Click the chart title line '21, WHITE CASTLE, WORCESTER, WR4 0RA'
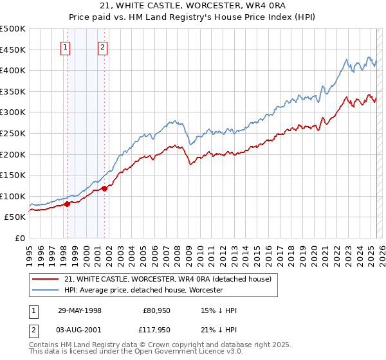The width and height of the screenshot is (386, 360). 193,6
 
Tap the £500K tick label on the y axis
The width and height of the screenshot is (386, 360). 13,29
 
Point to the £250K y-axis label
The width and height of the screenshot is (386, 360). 13,133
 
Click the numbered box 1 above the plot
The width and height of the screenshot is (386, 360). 66,46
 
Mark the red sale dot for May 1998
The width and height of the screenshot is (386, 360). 67,204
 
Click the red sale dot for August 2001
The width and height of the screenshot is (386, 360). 104,188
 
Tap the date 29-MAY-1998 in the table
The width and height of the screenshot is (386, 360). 80,310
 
